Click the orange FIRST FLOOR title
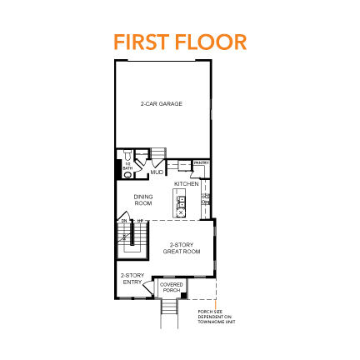coord(179,42)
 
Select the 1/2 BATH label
coord(127,168)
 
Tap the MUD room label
coord(157,172)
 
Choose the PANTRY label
coord(201,163)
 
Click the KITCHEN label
coord(186,182)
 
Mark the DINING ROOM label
coord(143,199)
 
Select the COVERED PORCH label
coord(172,287)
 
